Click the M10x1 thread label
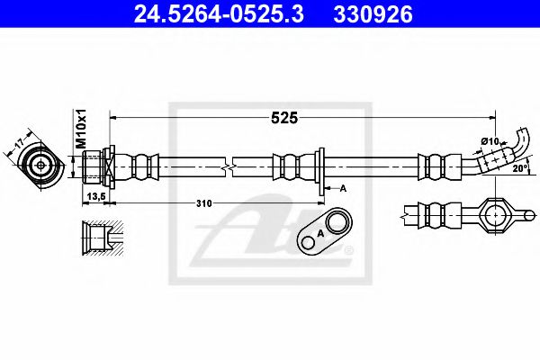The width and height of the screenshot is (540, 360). (79, 129)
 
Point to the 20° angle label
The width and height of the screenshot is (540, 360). (518, 168)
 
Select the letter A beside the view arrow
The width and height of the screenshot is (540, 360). (343, 188)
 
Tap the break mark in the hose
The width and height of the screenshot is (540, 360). (232, 166)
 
